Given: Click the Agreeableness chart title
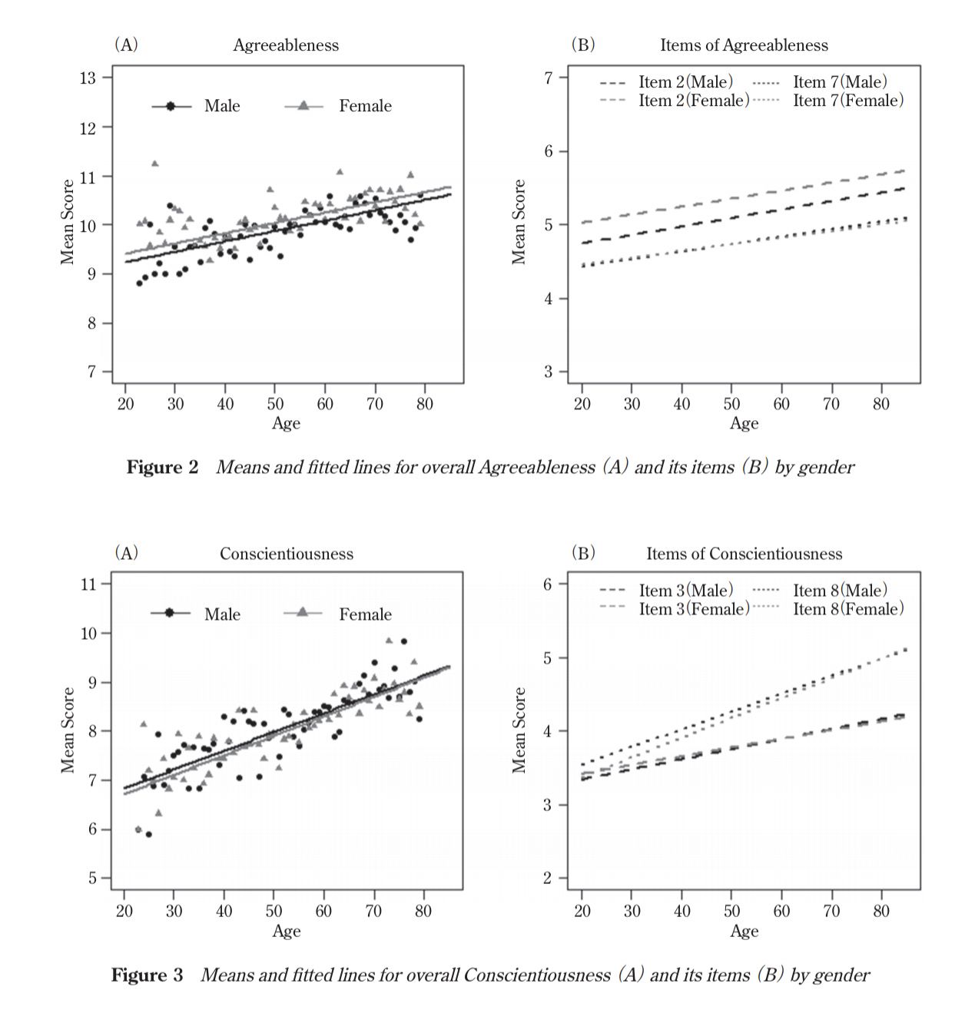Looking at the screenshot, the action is pos(285,45).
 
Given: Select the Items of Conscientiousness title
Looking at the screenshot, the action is pos(744,554).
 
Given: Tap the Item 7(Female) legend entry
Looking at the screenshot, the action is pos(828,101).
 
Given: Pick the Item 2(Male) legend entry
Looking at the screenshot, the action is pos(666,81).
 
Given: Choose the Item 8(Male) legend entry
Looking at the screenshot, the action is pos(821,590).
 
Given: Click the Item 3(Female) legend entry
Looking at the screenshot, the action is pos(675,608).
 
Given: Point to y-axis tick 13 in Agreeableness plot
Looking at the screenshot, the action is pos(88,78).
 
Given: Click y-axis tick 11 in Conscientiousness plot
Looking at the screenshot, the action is pos(88,584).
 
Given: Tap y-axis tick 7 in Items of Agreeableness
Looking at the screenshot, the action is pos(548,78).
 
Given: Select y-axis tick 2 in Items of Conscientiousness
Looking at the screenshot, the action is pos(547,878).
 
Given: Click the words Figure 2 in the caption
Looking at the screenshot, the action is pos(163,467).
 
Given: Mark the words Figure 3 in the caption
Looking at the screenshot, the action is pos(147,975).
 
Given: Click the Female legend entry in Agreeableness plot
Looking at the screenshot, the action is pos(338,106).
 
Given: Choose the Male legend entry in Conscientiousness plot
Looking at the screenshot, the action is pos(195,614).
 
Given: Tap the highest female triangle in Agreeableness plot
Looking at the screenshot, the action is pos(154,164).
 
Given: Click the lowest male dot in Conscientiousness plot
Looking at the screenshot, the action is pos(148,835).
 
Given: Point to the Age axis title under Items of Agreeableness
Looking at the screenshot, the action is pos(744,423).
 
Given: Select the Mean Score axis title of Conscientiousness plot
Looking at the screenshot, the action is pos(68,730).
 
